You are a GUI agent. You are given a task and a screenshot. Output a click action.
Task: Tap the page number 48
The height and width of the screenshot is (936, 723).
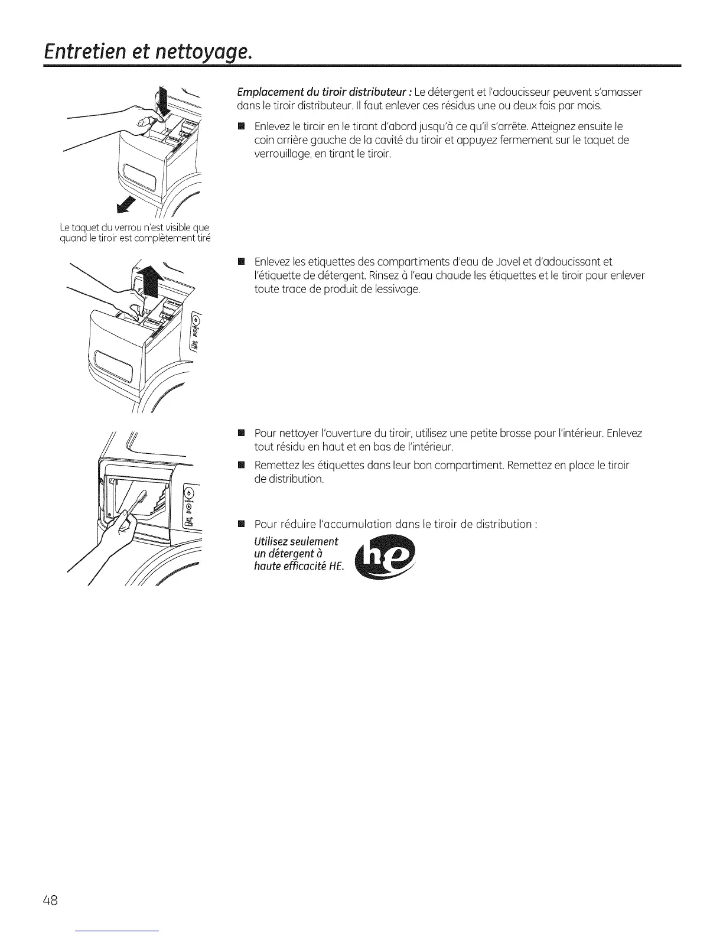[50, 900]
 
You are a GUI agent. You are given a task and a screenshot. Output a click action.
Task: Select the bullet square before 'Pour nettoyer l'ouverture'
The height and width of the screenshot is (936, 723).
[240, 433]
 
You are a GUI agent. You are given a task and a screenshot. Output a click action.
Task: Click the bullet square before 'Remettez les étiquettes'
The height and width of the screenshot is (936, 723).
[240, 465]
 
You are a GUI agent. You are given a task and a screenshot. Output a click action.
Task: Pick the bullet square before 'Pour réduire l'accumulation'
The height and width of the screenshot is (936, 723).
[240, 524]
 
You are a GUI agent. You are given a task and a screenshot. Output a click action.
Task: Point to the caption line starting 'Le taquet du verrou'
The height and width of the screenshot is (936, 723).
[135, 227]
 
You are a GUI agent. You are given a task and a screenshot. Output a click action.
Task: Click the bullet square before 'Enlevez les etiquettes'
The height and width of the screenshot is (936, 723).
[240, 262]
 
